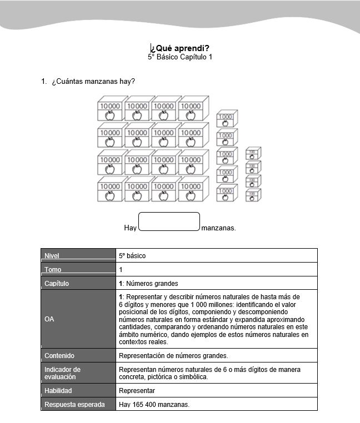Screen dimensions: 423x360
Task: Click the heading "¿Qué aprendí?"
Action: pos(180,48)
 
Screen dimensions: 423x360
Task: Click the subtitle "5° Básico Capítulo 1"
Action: pos(180,57)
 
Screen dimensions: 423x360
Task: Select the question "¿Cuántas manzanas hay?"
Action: pos(93,82)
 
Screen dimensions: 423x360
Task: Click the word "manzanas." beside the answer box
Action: pos(219,228)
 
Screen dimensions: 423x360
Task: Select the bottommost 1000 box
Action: pos(226,193)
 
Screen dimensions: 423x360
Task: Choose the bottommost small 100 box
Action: pos(253,195)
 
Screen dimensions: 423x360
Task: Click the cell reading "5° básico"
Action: pos(132,256)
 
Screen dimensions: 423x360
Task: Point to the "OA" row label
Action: pos(49,319)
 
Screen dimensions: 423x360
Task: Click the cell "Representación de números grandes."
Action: pos(173,355)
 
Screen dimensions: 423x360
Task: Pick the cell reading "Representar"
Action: pos(137,391)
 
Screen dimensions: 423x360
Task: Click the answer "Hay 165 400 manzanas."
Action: pos(154,405)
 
